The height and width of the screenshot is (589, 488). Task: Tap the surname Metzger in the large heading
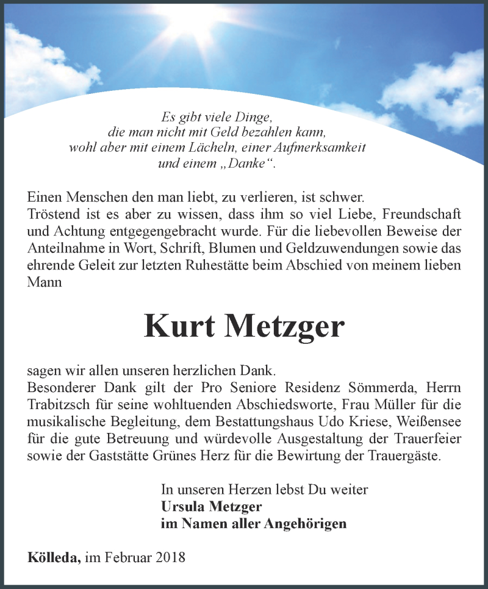tap(284, 327)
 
